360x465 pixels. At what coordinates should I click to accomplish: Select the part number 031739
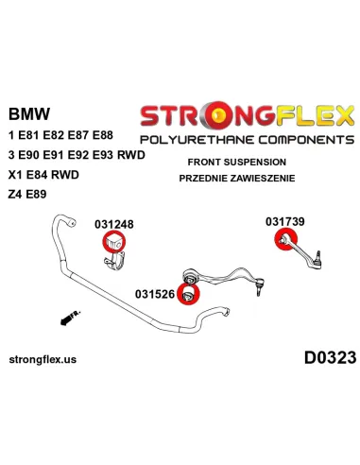[285, 221]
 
